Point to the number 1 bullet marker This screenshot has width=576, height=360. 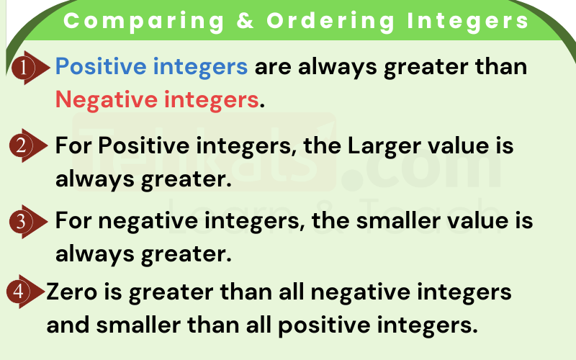pos(24,68)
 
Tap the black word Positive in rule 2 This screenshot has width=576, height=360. pos(143,145)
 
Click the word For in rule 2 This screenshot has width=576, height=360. pos(73,145)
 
